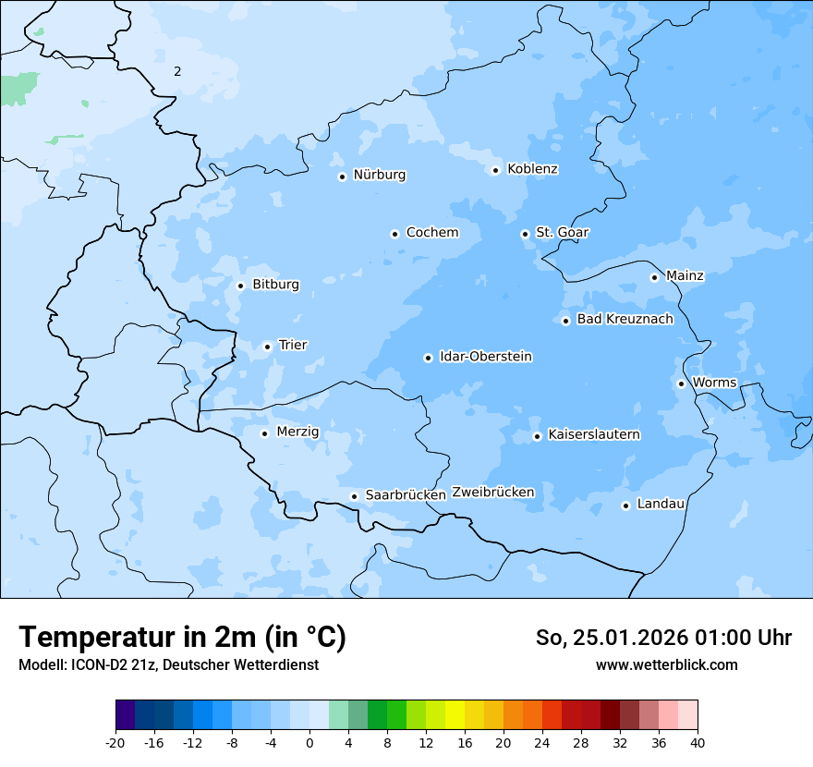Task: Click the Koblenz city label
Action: (x=532, y=169)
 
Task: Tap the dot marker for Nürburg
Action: (x=342, y=177)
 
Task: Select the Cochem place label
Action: (x=432, y=233)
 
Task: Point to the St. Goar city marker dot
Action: (x=525, y=234)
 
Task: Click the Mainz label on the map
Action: (x=685, y=276)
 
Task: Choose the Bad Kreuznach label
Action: (x=625, y=320)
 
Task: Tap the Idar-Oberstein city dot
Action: (x=428, y=358)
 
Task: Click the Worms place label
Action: (x=714, y=383)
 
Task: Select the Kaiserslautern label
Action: (x=593, y=434)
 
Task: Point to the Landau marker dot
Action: (x=625, y=505)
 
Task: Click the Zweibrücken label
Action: (x=492, y=493)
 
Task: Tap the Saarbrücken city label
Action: (x=406, y=495)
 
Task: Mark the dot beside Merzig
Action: (x=264, y=433)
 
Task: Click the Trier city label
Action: (x=293, y=346)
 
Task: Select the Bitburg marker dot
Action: (x=240, y=286)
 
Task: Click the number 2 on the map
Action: (x=177, y=71)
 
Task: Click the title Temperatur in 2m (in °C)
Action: (x=182, y=638)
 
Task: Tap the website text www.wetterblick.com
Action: (x=666, y=665)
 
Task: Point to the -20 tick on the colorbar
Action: (x=115, y=743)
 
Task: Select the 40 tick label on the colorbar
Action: (x=698, y=743)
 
